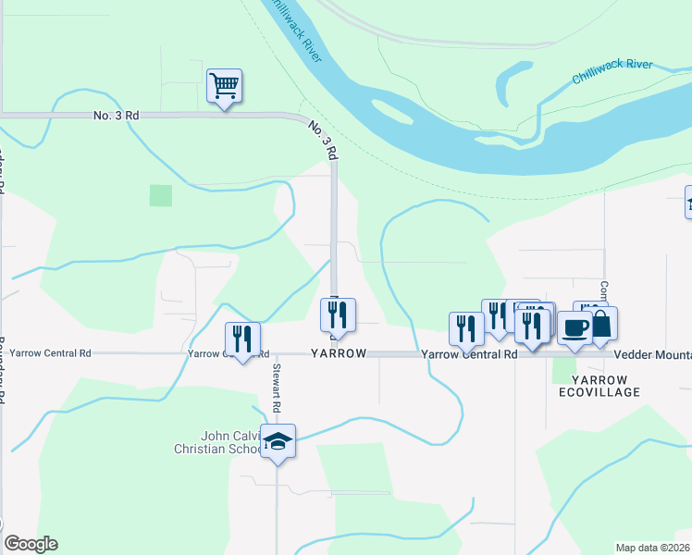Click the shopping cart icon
[x=224, y=87]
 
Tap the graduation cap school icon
[x=278, y=442]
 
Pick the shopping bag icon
[x=601, y=324]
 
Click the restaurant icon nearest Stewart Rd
[x=242, y=339]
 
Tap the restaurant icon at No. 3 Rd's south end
[x=338, y=315]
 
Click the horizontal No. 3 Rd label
[x=117, y=116]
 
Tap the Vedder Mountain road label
[x=652, y=355]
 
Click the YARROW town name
[x=339, y=354]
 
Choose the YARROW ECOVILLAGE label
[x=599, y=386]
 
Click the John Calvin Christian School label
[x=220, y=442]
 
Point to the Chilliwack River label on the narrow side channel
[x=612, y=71]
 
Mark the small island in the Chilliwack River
[x=392, y=112]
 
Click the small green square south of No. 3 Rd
[x=161, y=195]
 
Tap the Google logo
[x=31, y=544]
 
